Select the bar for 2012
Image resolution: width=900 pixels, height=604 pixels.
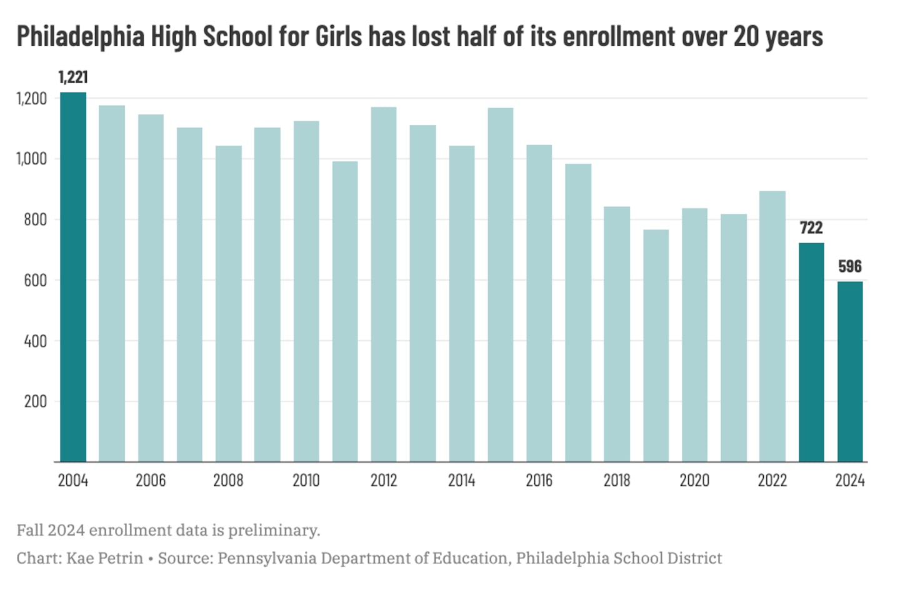pos(384,284)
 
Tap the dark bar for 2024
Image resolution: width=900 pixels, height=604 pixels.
pos(850,371)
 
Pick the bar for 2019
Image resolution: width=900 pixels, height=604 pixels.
pos(656,346)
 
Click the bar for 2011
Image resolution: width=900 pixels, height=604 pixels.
pos(345,311)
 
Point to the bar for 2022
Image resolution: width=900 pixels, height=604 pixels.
pos(772,326)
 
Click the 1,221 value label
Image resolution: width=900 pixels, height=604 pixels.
pos(73,77)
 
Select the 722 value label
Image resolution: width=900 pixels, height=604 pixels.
pos(811,228)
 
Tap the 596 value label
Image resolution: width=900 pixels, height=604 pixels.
pos(850,266)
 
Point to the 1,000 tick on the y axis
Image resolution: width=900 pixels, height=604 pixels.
pos(31,159)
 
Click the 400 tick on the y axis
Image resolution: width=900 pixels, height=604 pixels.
pos(35,341)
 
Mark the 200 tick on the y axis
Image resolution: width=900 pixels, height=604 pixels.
pos(35,401)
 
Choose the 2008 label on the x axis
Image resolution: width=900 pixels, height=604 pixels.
pos(228,480)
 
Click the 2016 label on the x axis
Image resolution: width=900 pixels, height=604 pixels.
pos(539,480)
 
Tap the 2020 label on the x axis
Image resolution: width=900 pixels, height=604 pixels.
pos(694,480)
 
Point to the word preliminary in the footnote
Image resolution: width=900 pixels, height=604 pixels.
pos(274,530)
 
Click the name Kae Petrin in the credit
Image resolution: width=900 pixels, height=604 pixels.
pos(105,558)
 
